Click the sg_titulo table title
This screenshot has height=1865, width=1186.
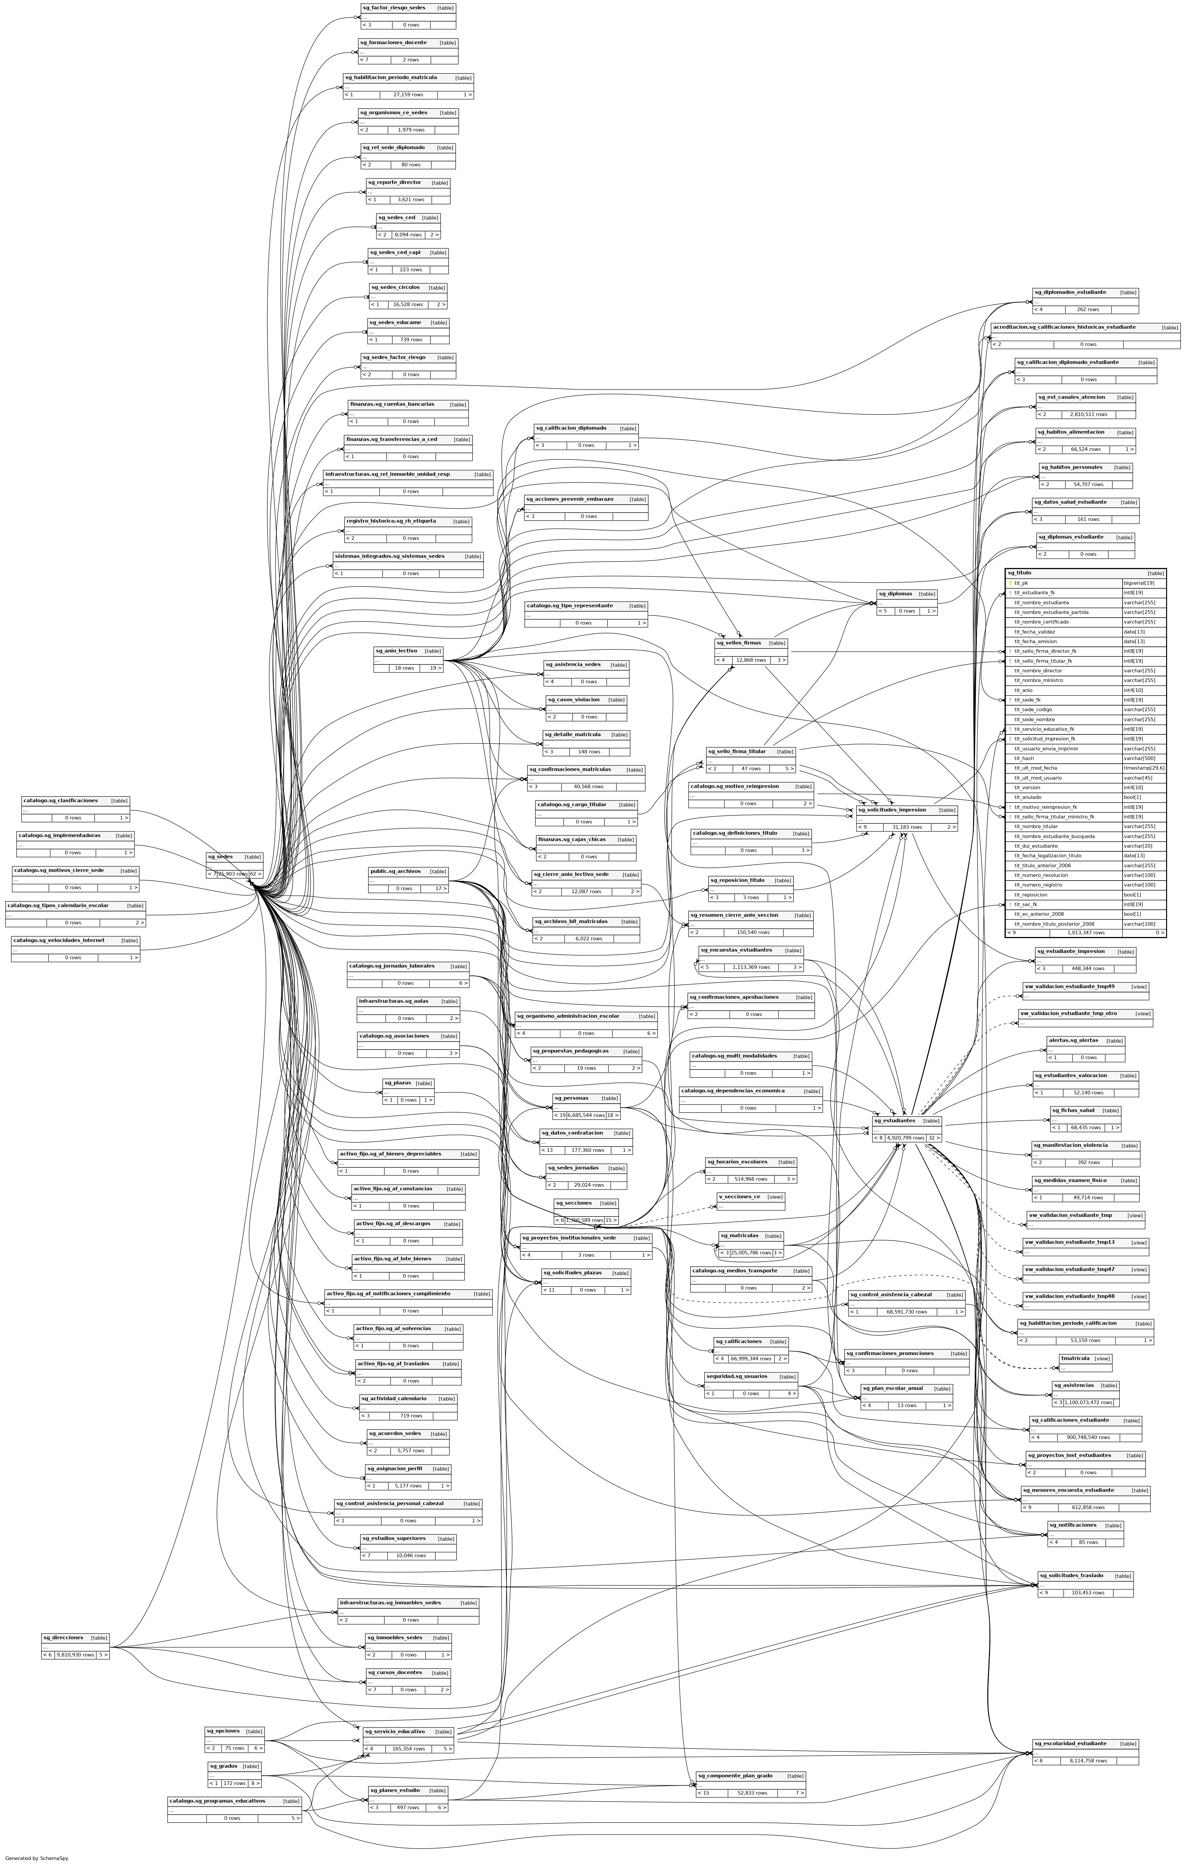pos(1020,573)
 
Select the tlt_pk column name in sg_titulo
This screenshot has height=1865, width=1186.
pos(1021,583)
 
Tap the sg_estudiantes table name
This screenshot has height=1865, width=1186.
pos(895,1121)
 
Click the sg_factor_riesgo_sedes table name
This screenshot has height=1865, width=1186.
pos(394,8)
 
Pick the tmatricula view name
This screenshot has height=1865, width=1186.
pos(1075,1358)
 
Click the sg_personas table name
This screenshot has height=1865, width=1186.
pos(571,1098)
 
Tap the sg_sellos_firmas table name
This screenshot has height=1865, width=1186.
pos(738,643)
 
